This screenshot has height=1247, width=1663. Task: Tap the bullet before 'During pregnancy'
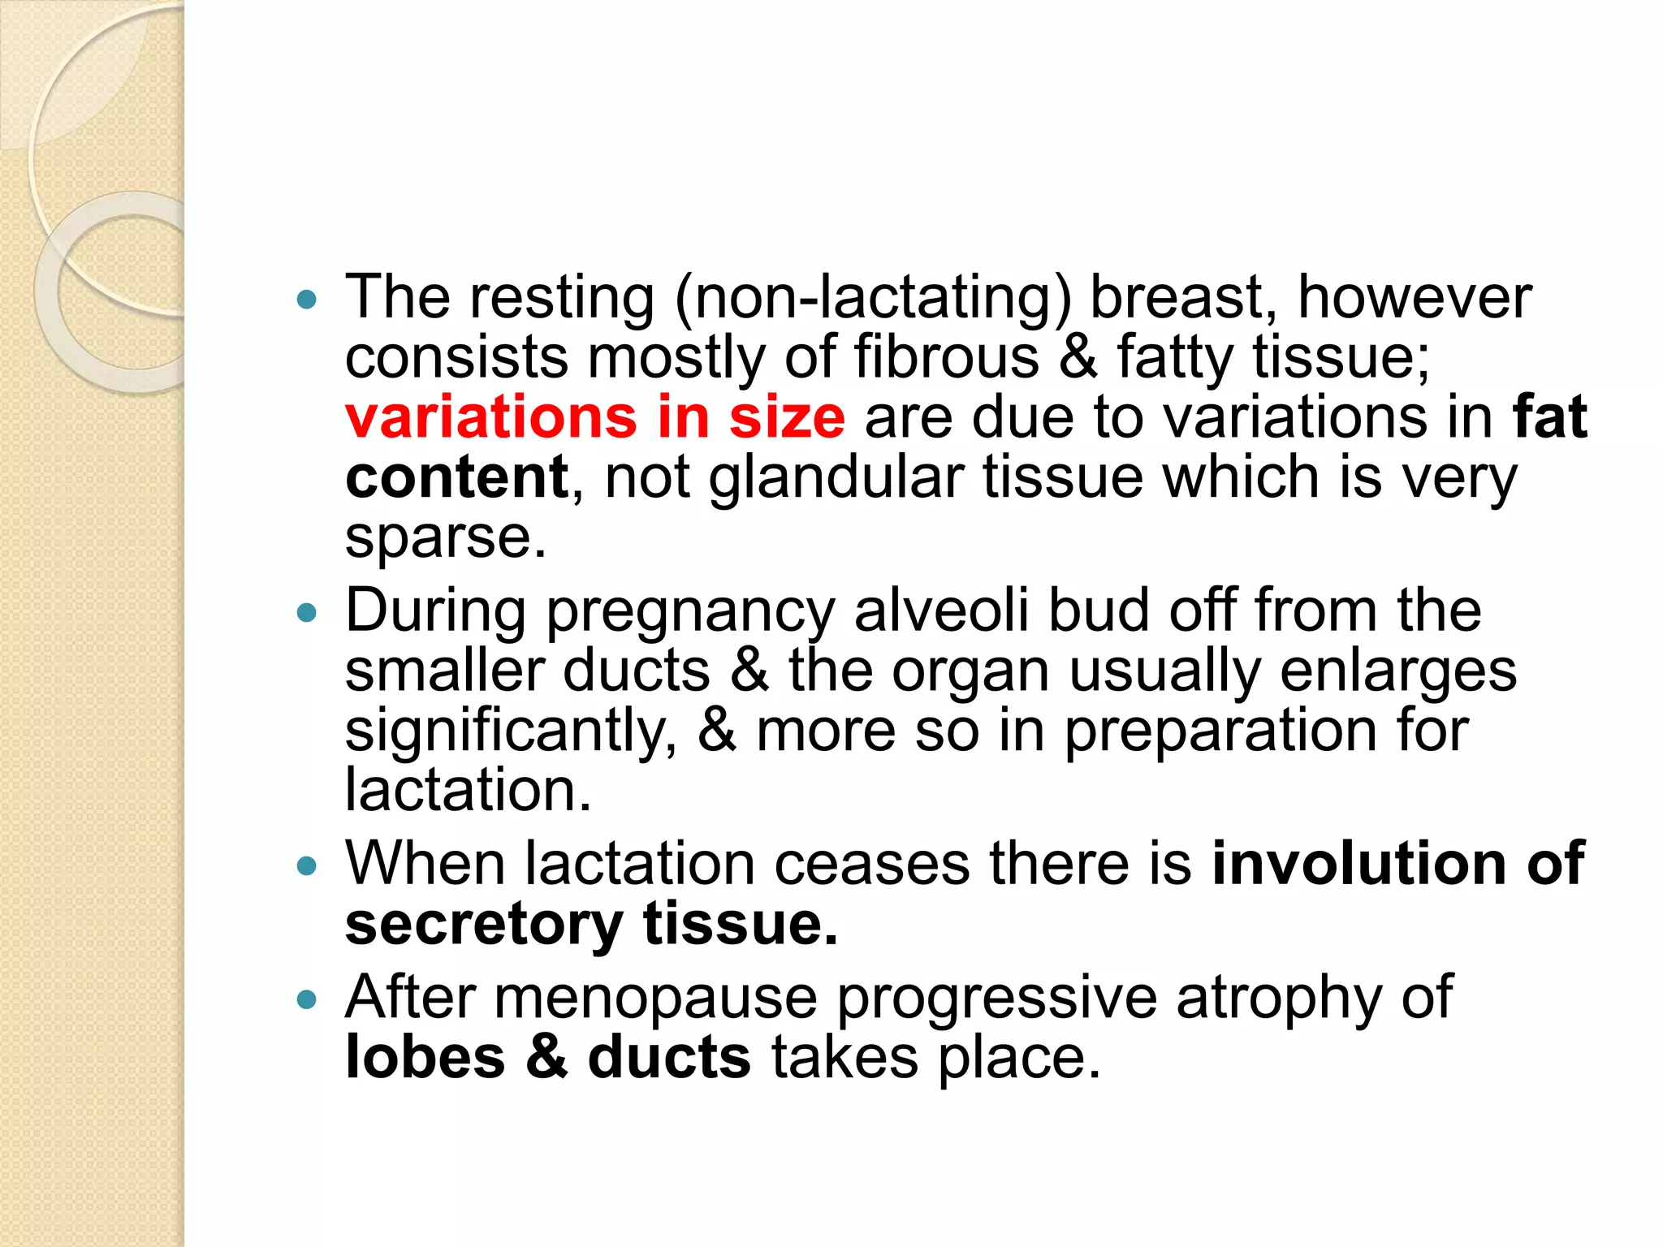pos(307,613)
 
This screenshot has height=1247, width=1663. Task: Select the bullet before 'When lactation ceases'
pos(307,866)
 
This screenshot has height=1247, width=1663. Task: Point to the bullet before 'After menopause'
pos(307,999)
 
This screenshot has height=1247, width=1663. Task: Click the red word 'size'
pos(787,417)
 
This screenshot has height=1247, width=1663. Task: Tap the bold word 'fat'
pos(1549,417)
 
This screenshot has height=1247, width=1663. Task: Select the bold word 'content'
pos(456,477)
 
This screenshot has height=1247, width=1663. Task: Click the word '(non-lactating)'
pos(873,299)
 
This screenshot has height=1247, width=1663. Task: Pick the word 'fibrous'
pos(946,357)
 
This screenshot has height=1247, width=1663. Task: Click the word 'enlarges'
pos(1374,671)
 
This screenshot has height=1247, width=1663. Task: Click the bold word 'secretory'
pos(484,926)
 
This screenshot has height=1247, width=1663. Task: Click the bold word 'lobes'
pos(425,1058)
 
